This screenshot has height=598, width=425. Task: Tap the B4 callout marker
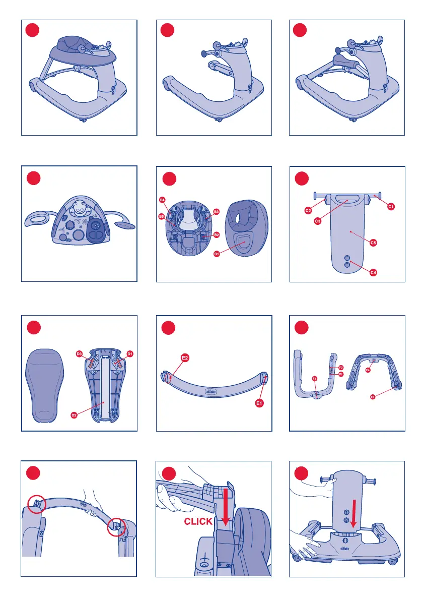click(x=162, y=200)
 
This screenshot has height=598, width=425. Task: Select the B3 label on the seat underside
click(x=216, y=211)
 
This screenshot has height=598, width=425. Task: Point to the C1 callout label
click(x=390, y=206)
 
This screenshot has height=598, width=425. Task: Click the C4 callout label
click(x=374, y=273)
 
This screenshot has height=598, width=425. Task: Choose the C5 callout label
click(x=373, y=243)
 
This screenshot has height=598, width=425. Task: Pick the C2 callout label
click(x=308, y=211)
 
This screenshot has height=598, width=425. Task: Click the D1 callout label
click(x=129, y=353)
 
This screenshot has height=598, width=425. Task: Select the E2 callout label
click(x=185, y=358)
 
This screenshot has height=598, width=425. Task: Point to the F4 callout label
click(x=368, y=371)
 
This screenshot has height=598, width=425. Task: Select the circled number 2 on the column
click(x=346, y=520)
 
